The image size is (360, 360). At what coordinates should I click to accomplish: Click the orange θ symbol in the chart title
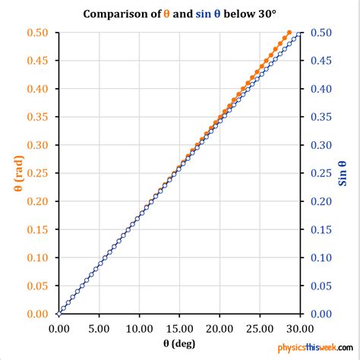click(167, 14)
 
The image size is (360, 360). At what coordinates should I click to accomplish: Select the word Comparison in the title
click(115, 14)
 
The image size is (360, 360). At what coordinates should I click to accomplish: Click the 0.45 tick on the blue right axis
click(320, 61)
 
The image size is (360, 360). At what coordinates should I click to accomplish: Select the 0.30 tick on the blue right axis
click(320, 145)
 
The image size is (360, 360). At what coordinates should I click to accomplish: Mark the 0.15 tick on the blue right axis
click(320, 229)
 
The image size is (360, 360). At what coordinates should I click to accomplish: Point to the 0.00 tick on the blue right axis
click(320, 314)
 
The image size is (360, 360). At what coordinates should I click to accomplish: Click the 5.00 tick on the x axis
click(99, 328)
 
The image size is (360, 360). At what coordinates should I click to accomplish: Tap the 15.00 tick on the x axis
click(179, 328)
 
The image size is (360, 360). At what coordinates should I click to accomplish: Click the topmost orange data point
click(289, 33)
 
